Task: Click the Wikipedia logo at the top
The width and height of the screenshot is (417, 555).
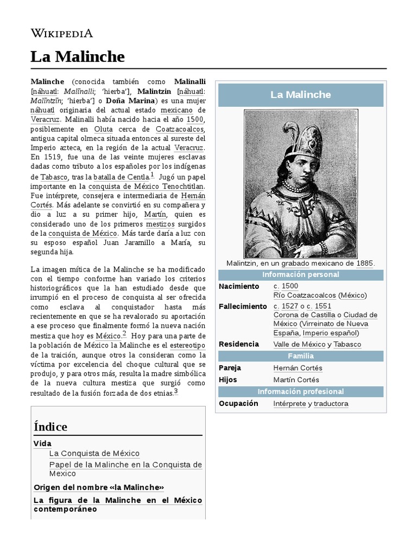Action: click(x=61, y=33)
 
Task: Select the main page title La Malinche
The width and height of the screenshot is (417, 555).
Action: click(x=78, y=56)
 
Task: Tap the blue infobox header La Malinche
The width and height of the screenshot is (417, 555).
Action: click(x=300, y=95)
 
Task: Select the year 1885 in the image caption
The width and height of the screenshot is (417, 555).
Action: click(x=364, y=263)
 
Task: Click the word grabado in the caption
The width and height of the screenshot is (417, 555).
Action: click(x=295, y=263)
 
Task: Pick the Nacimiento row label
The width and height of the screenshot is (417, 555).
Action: click(x=239, y=286)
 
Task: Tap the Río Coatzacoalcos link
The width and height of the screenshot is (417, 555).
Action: click(x=304, y=295)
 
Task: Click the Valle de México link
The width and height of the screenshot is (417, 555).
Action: click(x=299, y=344)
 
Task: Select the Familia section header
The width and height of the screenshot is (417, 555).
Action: click(x=300, y=356)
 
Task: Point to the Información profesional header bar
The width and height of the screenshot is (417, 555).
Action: click(x=300, y=391)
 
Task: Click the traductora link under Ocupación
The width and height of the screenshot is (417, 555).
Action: click(x=331, y=404)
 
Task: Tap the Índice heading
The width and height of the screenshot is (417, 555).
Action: click(x=50, y=427)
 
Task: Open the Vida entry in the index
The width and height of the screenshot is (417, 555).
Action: click(x=42, y=443)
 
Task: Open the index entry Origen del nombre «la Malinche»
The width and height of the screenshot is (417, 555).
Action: click(x=98, y=487)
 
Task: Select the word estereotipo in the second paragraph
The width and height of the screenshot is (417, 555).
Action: click(x=187, y=345)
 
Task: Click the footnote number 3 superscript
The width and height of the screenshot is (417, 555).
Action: click(x=176, y=392)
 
